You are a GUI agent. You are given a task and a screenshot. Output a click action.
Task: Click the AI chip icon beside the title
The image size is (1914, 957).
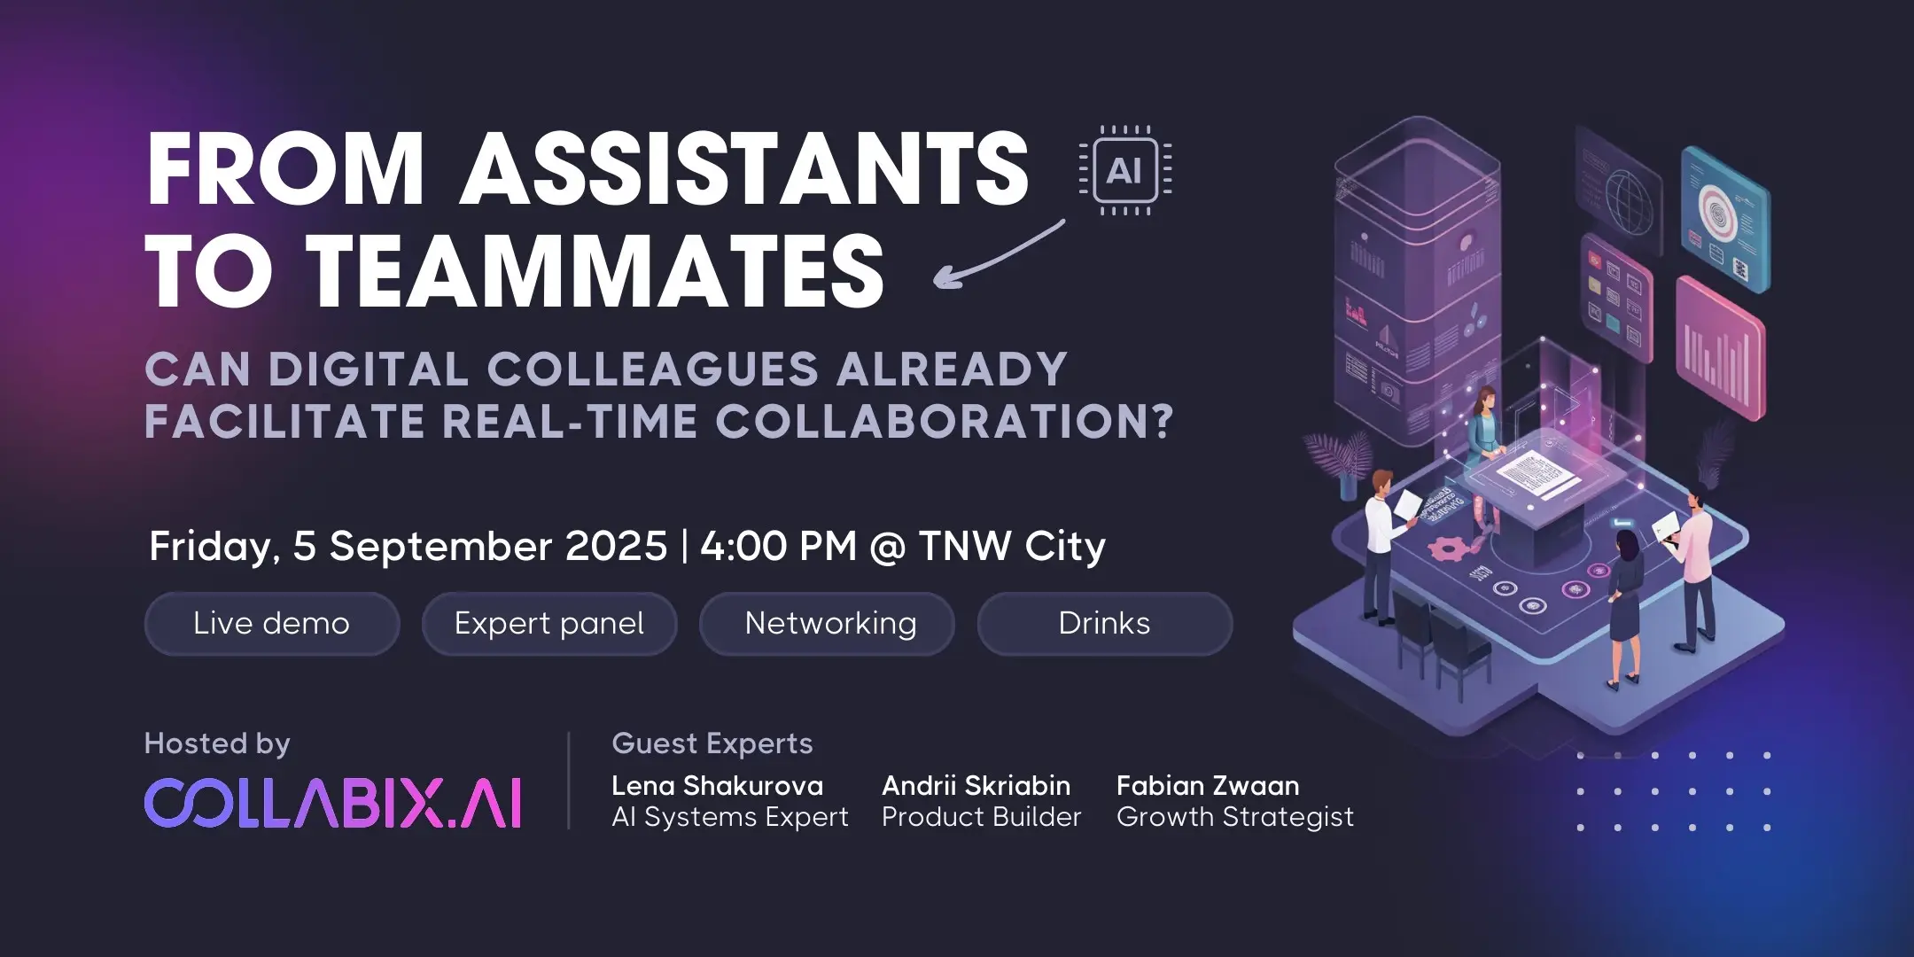coord(1124,170)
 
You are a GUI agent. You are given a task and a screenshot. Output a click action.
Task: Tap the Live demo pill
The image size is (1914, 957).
coord(271,624)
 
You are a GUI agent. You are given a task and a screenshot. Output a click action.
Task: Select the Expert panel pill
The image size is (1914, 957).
coord(549,624)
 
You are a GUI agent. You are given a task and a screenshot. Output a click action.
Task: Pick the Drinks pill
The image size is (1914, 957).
coord(1104,624)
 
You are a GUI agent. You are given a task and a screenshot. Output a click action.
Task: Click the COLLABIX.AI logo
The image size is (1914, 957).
coord(333,803)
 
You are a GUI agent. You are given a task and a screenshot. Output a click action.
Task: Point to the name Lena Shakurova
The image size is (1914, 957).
coord(717,786)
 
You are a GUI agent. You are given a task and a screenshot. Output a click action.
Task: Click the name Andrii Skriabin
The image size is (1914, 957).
coord(976,786)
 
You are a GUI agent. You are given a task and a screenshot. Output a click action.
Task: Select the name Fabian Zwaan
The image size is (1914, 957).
coord(1208,786)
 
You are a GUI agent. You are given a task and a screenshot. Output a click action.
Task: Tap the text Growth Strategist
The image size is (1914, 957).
coord(1235,817)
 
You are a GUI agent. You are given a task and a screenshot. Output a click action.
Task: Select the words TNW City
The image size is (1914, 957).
coord(1012,547)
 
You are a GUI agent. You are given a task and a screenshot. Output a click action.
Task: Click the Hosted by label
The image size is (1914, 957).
coord(217,743)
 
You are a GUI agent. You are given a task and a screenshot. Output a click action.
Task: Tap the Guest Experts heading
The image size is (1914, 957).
coord(712,743)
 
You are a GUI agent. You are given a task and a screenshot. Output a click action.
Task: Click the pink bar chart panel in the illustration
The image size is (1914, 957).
coord(1720,349)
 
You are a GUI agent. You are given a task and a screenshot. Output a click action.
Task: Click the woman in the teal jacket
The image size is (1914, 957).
coord(1483,428)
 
